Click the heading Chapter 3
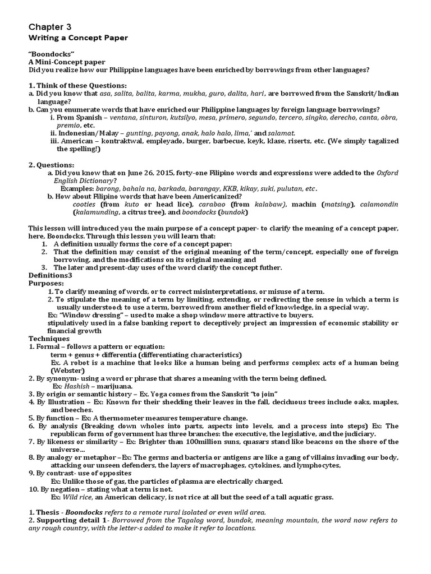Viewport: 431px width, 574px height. [x=50, y=27]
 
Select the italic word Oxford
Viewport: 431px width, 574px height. [x=387, y=173]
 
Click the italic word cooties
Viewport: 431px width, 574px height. [x=84, y=205]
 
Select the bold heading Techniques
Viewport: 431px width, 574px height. [x=49, y=339]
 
